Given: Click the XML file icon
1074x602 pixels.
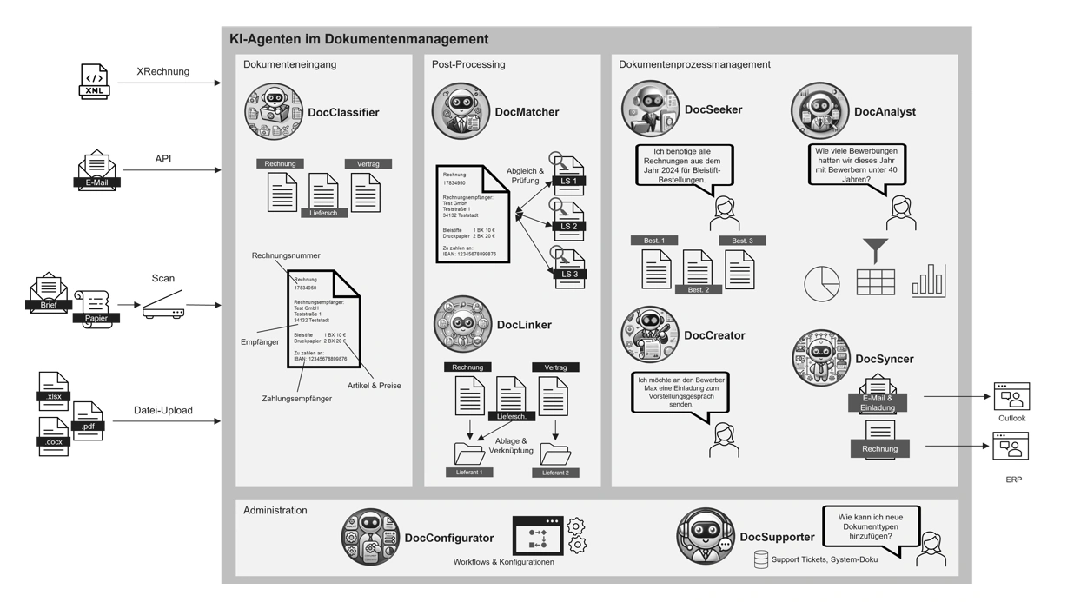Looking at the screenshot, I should click(x=95, y=81).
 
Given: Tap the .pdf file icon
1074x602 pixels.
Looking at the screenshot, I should click(x=88, y=421).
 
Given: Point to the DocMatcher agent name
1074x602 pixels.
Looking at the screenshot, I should click(x=527, y=112).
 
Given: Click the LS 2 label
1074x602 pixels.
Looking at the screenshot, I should click(x=569, y=226).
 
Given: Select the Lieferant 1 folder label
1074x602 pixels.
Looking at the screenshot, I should click(x=469, y=473).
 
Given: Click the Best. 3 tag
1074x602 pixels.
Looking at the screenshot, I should click(x=742, y=241).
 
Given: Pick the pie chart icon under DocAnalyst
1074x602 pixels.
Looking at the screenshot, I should click(x=821, y=283).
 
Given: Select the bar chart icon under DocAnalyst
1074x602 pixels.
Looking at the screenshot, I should click(x=929, y=281).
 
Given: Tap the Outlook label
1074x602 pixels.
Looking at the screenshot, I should click(x=1011, y=419).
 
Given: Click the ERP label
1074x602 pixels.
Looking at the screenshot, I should click(x=1013, y=480).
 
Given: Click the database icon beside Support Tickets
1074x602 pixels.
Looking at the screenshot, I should click(x=760, y=559).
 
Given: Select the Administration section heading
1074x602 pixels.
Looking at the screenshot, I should click(x=275, y=511).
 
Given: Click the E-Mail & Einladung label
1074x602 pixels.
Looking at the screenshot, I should click(x=878, y=403).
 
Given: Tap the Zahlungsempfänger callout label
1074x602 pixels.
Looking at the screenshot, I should click(x=296, y=399).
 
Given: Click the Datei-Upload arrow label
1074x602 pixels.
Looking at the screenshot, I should click(x=163, y=410).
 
